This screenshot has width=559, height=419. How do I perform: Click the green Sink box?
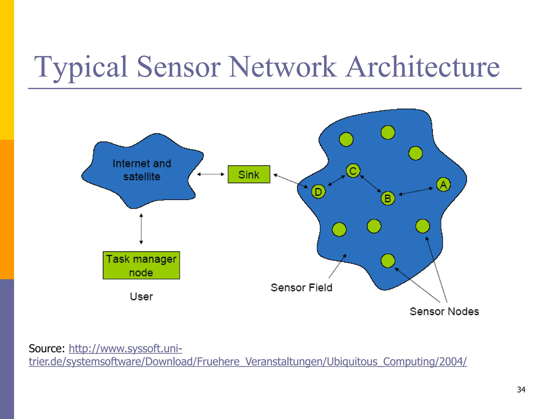coord(249,174)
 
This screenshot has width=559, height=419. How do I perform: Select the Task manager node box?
coord(141,265)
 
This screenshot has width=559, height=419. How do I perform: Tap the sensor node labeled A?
coord(443,185)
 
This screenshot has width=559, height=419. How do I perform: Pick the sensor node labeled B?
coord(388,198)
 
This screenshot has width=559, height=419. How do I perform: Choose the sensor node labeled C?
coord(353,171)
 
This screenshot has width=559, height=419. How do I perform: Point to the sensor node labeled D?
coord(318,192)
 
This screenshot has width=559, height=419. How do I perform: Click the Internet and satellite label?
coord(142,170)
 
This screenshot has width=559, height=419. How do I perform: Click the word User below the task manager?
coord(141,297)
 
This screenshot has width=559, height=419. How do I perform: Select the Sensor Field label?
coord(301,288)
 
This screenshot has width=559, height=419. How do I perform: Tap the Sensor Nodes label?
coord(444,312)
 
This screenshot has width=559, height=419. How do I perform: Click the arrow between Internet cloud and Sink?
coord(210,174)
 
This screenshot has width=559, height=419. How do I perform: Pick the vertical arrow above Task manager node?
coord(141,229)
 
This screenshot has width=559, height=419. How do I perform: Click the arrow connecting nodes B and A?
coord(416,191)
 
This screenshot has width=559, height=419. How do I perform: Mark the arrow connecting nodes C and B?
coord(370,184)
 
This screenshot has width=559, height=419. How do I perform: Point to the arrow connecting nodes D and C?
coord(336,181)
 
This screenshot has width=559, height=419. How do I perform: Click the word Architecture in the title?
coord(423,67)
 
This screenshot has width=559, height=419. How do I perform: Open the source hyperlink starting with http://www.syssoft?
coord(125,349)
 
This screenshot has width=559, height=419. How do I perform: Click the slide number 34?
coord(521,390)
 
